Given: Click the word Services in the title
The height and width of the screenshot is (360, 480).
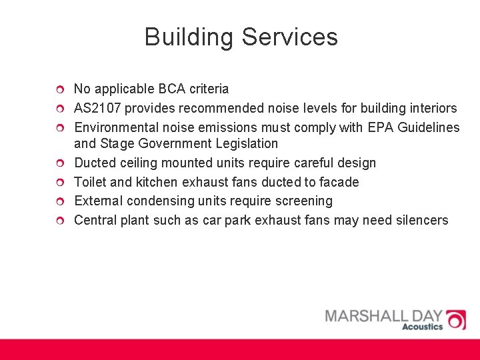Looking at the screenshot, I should click(x=290, y=37).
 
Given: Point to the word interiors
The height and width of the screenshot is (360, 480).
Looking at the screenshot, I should click(x=433, y=108).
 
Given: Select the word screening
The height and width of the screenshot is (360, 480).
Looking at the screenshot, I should click(x=305, y=201).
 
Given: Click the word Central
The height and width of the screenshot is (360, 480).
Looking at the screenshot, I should click(x=95, y=220).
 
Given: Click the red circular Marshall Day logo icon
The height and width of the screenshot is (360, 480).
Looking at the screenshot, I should click(x=456, y=319).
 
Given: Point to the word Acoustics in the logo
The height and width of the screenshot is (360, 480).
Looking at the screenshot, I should click(x=422, y=327).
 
